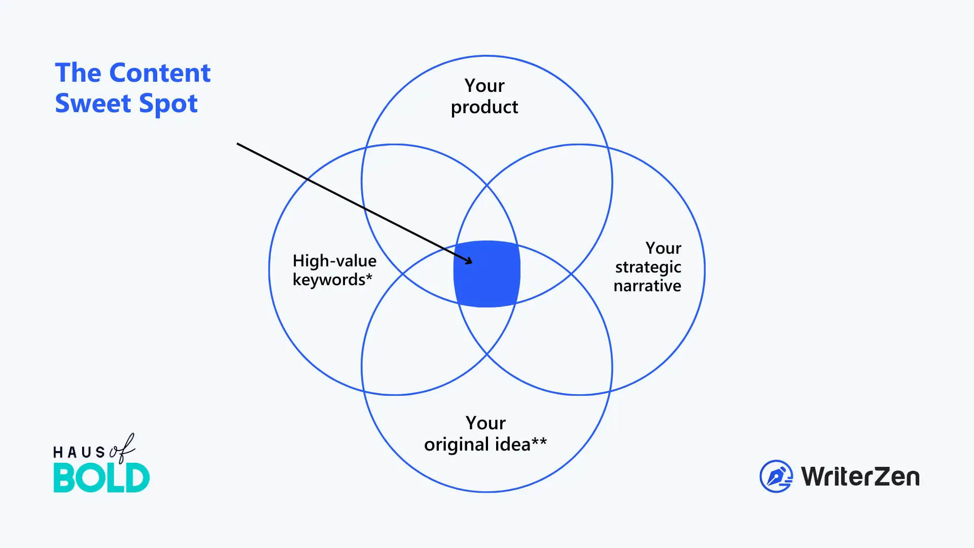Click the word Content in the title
click(160, 73)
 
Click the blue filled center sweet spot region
click(487, 274)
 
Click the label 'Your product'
click(484, 96)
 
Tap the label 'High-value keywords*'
click(334, 270)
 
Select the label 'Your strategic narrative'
click(648, 267)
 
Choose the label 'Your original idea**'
click(485, 434)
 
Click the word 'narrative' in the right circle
click(647, 286)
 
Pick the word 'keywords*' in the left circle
click(332, 280)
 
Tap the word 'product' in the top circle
click(484, 108)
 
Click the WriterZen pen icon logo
click(776, 476)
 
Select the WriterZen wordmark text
click(860, 477)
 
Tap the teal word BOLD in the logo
click(101, 478)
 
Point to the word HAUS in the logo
click(79, 452)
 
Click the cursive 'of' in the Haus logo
click(122, 449)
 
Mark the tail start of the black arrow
click(237, 144)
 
